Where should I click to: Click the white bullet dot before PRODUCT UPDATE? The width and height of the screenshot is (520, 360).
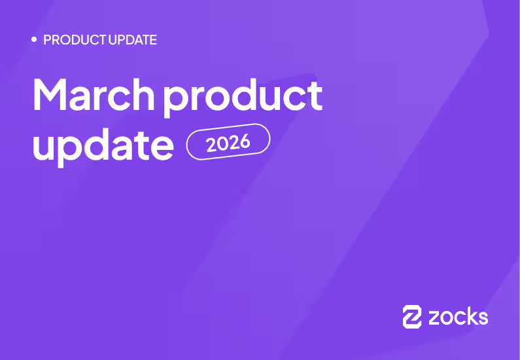tap(34, 40)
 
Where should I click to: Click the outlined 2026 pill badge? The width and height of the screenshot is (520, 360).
tap(228, 141)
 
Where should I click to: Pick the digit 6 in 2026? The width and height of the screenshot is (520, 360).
tap(245, 139)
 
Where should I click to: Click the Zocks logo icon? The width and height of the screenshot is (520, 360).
tap(412, 316)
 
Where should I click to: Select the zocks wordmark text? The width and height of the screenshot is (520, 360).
tap(458, 317)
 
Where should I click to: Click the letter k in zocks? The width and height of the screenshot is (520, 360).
tap(469, 316)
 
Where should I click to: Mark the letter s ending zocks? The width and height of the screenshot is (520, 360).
tap(482, 318)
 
